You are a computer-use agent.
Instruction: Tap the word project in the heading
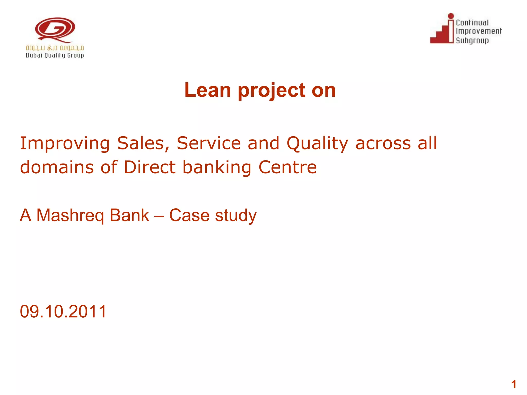pos(271,91)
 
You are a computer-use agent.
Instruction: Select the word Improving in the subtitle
pos(65,143)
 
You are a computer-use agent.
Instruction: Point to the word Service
pos(209,143)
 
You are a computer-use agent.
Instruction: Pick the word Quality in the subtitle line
pos(317,143)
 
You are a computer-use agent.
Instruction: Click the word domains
pos(57,167)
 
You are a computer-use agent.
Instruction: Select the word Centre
pos(287,167)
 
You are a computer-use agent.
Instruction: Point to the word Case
pos(189,215)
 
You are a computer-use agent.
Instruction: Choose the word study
pos(236,216)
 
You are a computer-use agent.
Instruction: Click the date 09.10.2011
pos(63,311)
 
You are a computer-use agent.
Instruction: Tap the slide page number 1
pos(514,385)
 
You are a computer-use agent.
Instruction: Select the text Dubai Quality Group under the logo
pos(55,56)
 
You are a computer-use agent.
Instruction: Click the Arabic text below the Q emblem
pos(55,48)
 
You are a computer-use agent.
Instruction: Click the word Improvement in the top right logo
pos(479,31)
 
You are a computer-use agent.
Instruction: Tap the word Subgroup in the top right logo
pos(472,40)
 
